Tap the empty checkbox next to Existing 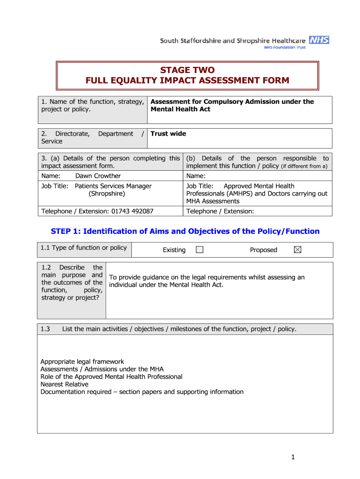pos(200,250)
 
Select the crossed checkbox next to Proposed pos(297,250)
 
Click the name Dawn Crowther pos(98,176)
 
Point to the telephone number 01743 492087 pos(132,211)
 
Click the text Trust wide pos(168,134)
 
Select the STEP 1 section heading pos(185,231)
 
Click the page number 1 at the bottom pos(293,457)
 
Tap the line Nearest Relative pos(64,384)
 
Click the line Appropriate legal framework pos(82,362)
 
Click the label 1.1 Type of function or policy pos(84,248)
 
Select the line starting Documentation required pos(142,392)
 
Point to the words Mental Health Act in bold pos(180,109)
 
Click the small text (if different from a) pos(304,167)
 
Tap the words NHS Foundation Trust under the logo pos(285,48)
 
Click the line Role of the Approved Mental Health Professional pos(111,377)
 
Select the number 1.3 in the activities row pos(45,329)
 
